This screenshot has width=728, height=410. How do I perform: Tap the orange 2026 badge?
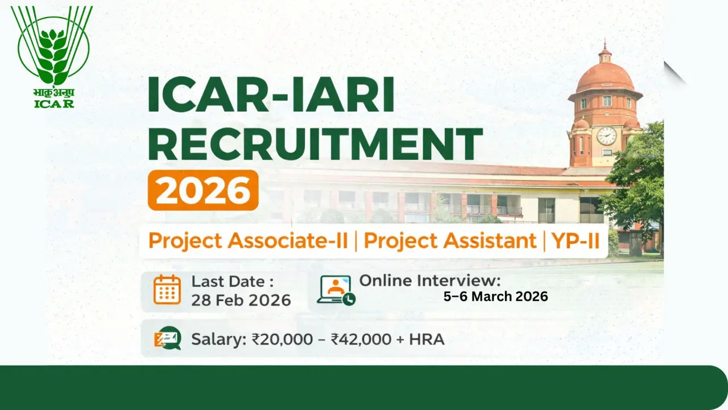pyautogui.click(x=203, y=190)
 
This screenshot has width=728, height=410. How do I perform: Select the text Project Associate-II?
pyautogui.click(x=248, y=240)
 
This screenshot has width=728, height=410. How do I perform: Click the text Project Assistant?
pyautogui.click(x=450, y=240)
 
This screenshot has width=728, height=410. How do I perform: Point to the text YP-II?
pyautogui.click(x=576, y=240)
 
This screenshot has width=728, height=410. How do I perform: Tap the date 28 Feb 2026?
pyautogui.click(x=241, y=300)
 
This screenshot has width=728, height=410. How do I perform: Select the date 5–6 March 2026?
pyautogui.click(x=495, y=297)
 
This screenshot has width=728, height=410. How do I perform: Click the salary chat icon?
pyautogui.click(x=168, y=339)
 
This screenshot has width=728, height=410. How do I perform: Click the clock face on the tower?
pyautogui.click(x=606, y=136)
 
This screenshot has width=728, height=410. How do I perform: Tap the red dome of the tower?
pyautogui.click(x=605, y=77)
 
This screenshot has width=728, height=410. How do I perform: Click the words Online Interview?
pyautogui.click(x=430, y=280)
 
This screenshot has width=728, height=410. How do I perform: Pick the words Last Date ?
pyautogui.click(x=232, y=281)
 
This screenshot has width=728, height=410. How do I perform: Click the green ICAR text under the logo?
pyautogui.click(x=53, y=103)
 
